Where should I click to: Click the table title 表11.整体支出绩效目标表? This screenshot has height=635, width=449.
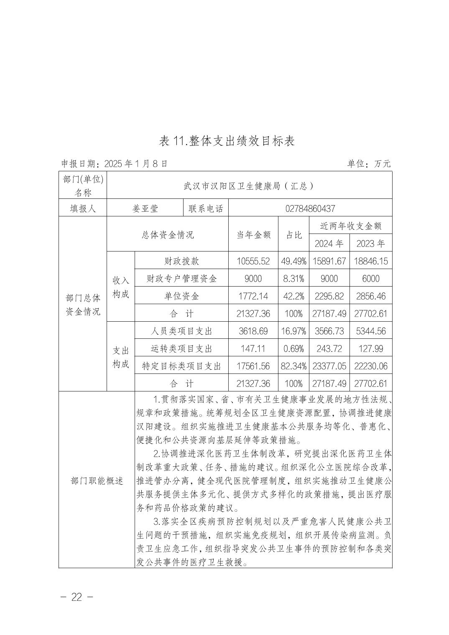(x=227, y=141)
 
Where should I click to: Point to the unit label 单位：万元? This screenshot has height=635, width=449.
(x=369, y=164)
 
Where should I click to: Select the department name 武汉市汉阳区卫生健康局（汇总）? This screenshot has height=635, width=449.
(x=249, y=186)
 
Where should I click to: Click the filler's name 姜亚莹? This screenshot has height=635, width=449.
(x=145, y=208)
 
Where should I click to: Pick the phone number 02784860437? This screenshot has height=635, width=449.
(x=310, y=208)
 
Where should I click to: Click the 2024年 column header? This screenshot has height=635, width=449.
(x=329, y=243)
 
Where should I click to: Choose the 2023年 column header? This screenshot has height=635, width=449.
(x=370, y=243)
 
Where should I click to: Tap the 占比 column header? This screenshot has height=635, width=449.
(x=293, y=235)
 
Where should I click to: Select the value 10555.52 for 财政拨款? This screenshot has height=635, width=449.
(x=253, y=261)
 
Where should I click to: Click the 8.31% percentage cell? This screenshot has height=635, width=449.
(x=293, y=279)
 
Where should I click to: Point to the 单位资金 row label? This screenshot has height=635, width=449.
(x=181, y=296)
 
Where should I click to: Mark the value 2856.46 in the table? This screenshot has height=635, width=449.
(x=370, y=296)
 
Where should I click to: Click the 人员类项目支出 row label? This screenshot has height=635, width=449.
(x=181, y=331)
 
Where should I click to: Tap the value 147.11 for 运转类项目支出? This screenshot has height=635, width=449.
(x=253, y=348)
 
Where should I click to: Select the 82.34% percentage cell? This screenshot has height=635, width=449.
(x=293, y=366)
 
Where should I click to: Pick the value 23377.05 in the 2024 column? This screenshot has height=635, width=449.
(x=329, y=366)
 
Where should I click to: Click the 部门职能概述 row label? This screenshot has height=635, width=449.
(x=97, y=481)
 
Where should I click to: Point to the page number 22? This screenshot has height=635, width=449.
(x=77, y=597)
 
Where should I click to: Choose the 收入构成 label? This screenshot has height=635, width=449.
(x=121, y=287)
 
